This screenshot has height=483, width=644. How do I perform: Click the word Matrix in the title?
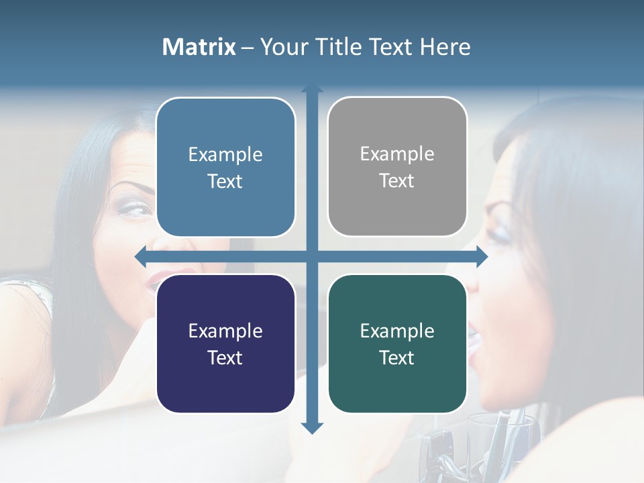(x=199, y=47)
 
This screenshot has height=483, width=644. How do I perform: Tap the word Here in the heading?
(x=445, y=47)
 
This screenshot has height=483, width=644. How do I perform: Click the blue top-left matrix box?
(x=225, y=167)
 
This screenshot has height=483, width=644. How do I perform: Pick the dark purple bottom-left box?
(x=225, y=343)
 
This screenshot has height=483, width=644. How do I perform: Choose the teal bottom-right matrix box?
(x=397, y=343)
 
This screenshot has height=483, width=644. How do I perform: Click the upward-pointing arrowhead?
(x=312, y=89)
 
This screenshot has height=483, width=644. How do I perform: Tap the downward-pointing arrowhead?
(x=312, y=427)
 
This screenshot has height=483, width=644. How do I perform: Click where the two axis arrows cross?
(x=312, y=256)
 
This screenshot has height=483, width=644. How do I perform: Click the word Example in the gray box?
(x=397, y=154)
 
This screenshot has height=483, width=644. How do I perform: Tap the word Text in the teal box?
(x=397, y=358)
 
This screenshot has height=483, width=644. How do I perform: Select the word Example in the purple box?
(x=225, y=331)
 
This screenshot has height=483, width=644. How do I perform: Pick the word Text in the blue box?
(x=225, y=181)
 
